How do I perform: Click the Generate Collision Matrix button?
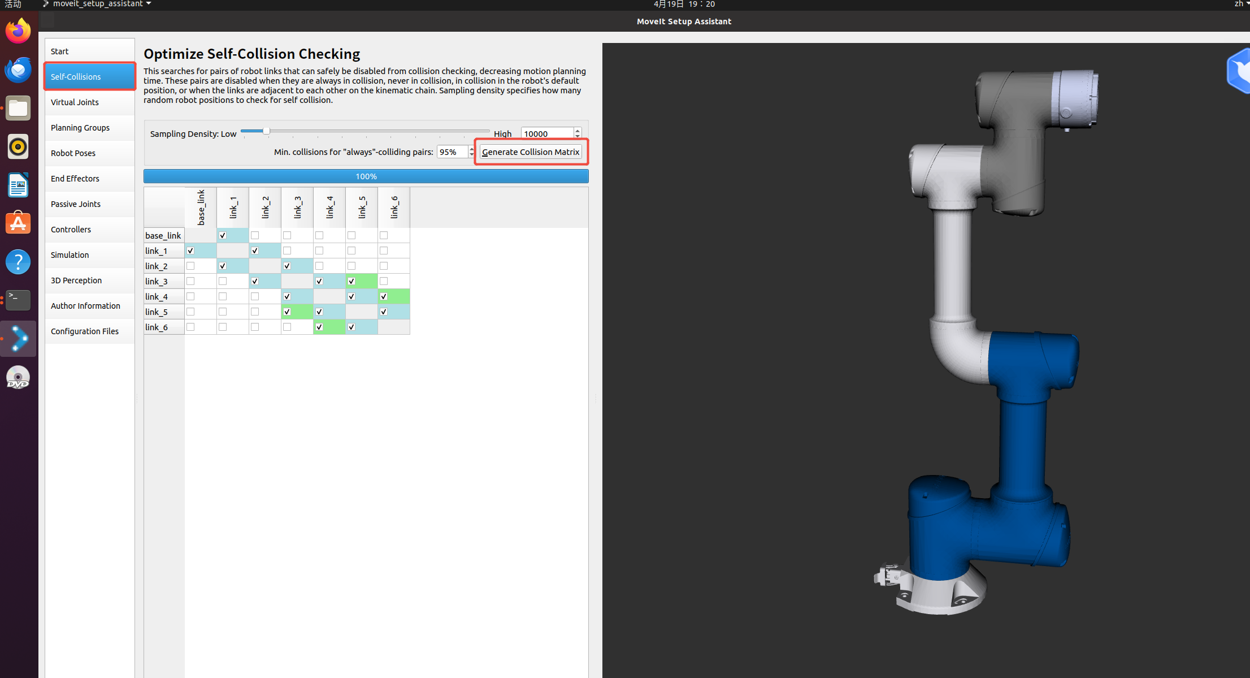point(531,152)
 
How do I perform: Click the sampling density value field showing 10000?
point(547,133)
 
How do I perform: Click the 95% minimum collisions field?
point(452,152)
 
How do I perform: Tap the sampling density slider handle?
point(266,131)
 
